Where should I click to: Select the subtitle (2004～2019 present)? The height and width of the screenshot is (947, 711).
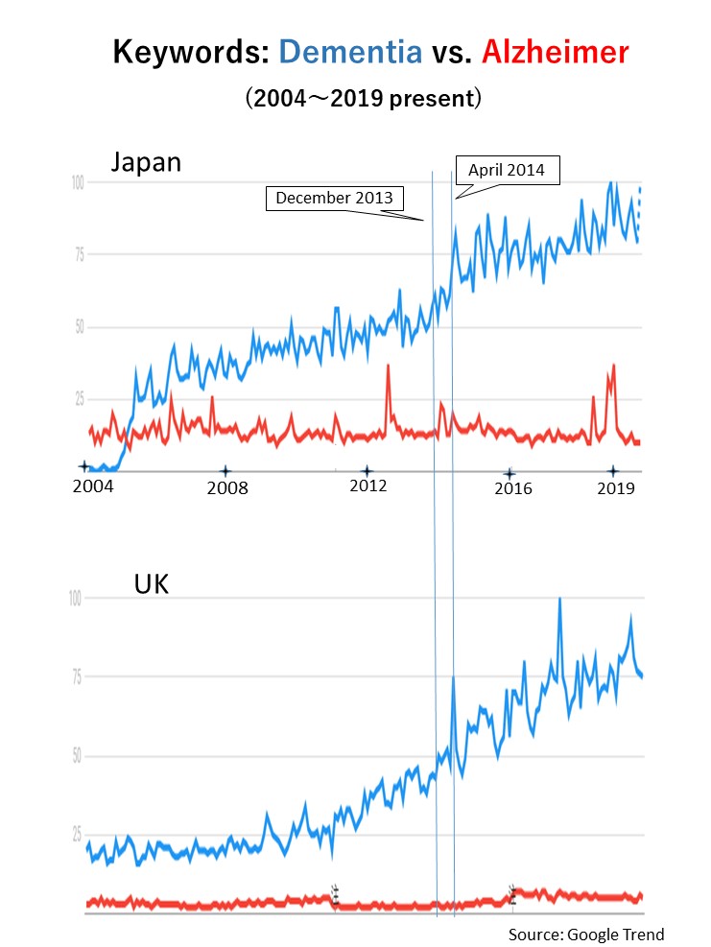[x=362, y=99]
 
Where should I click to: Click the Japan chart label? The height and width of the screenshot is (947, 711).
[x=145, y=161]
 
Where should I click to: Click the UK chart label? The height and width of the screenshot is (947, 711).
[x=151, y=584]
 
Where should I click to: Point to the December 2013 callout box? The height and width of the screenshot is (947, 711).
[x=334, y=198]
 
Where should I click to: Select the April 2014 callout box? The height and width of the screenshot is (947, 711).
[x=506, y=170]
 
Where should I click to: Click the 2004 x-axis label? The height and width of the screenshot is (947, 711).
[x=92, y=486]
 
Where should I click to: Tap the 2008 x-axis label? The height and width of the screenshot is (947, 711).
[x=227, y=487]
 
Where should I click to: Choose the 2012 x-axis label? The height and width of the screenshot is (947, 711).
[x=367, y=486]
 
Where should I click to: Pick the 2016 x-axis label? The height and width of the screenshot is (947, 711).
[x=512, y=488]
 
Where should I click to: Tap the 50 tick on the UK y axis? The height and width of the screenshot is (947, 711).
[x=75, y=756]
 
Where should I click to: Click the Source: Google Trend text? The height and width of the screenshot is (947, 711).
[x=585, y=934]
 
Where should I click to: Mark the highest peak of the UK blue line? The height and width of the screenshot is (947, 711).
[x=559, y=600]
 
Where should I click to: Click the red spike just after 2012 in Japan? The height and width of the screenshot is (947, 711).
[x=388, y=366]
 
